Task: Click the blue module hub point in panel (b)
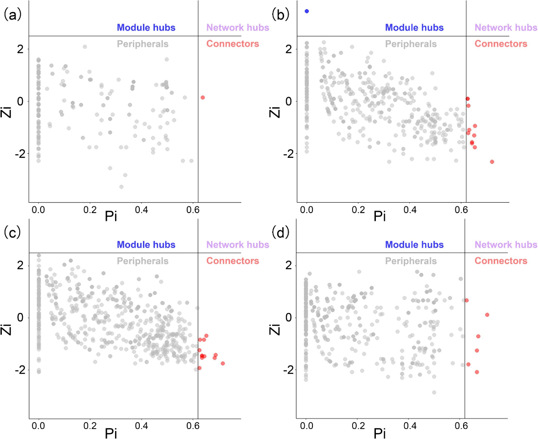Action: [307, 11]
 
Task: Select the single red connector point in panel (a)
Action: [203, 97]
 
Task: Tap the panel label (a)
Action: [11, 15]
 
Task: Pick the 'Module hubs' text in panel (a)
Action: [146, 27]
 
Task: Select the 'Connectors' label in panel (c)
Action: [232, 261]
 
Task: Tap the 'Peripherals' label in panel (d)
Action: [411, 261]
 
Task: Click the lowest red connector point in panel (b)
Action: [492, 162]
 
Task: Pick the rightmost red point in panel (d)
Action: [487, 315]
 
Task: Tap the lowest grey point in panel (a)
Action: [121, 187]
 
